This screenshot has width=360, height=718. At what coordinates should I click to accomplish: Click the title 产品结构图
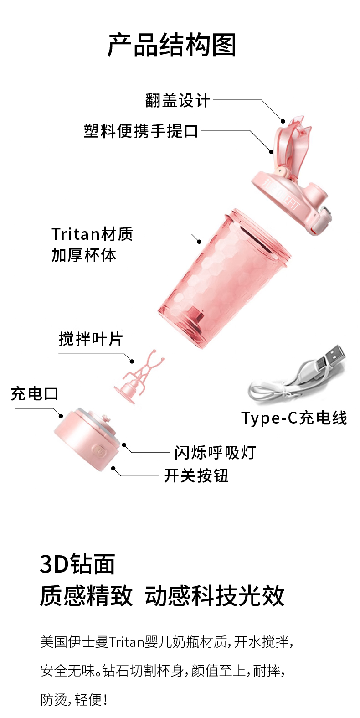tap(172, 45)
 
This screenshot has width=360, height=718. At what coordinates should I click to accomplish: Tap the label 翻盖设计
tap(178, 101)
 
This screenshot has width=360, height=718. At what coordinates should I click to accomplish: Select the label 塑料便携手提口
tap(141, 131)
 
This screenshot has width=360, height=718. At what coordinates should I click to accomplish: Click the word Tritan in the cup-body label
tap(76, 234)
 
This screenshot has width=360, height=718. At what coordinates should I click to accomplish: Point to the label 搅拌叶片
tap(91, 339)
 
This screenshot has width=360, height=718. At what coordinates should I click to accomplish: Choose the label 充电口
tap(35, 394)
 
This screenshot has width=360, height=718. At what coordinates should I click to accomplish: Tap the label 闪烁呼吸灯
tap(215, 453)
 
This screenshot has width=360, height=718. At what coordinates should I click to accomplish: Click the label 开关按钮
tap(196, 476)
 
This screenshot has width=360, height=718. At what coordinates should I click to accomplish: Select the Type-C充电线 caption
tap(294, 418)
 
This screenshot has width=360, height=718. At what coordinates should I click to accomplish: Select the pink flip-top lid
tap(292, 187)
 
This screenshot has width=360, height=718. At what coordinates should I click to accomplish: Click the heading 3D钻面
tap(77, 564)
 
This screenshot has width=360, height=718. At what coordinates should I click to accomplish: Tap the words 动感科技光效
tap(215, 596)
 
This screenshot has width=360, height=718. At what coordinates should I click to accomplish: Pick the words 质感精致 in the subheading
tap(87, 596)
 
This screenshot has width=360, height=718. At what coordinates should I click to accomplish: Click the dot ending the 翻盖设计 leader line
tap(283, 121)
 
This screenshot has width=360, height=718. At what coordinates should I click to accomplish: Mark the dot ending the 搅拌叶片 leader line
tap(132, 362)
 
